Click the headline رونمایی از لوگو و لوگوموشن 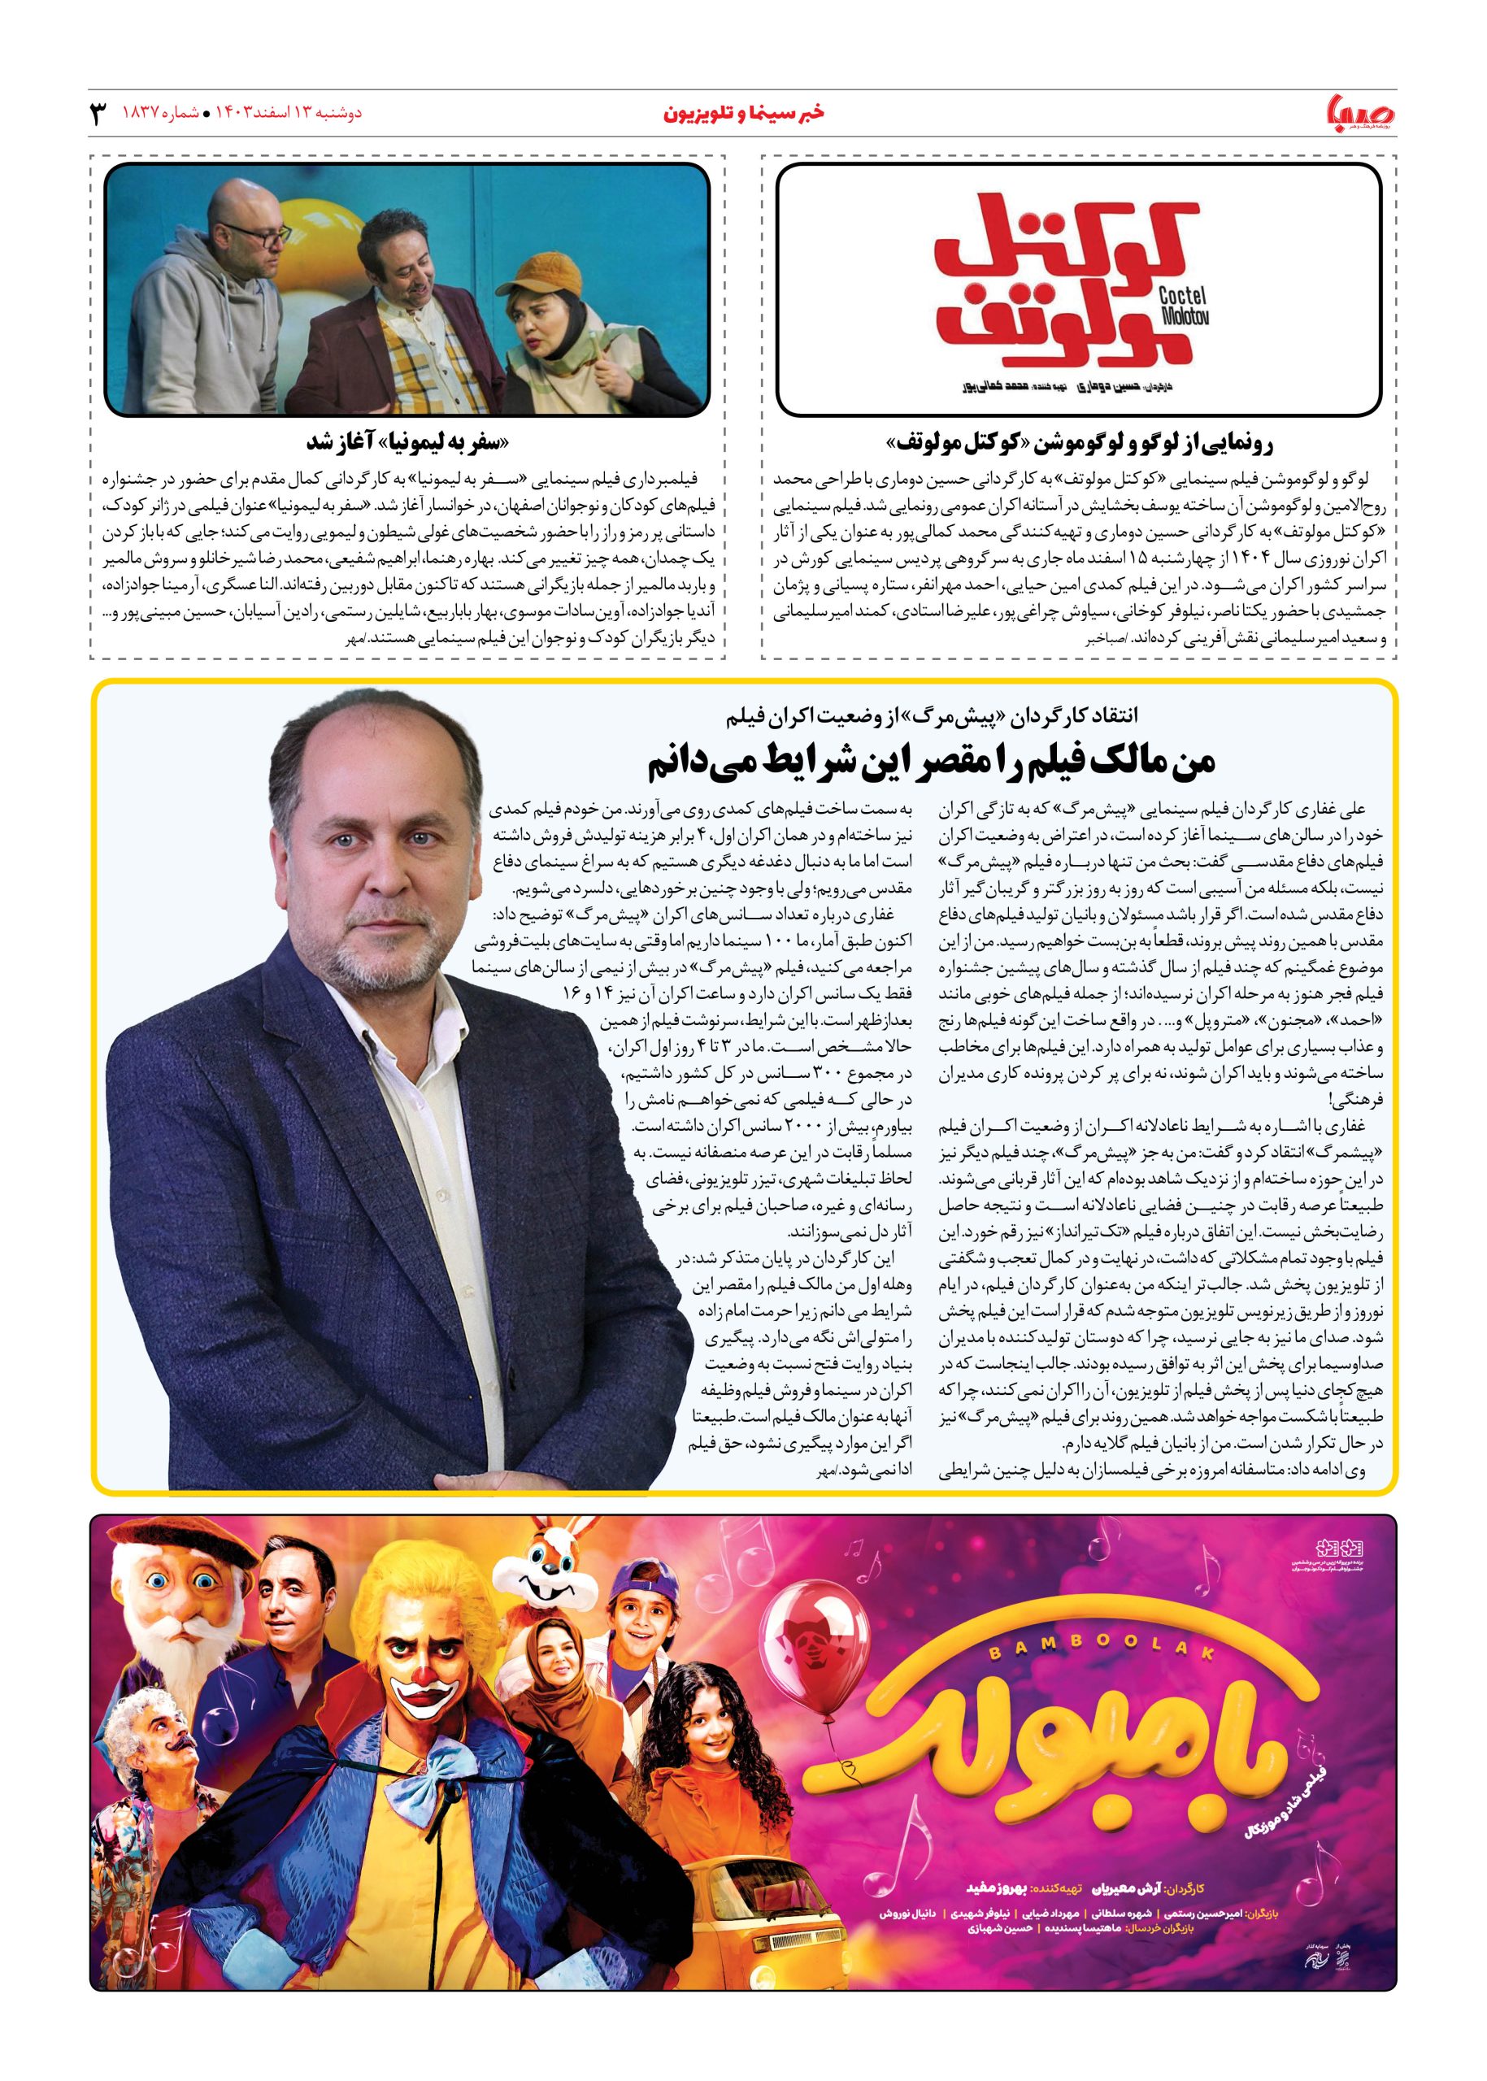[x=1078, y=444]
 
